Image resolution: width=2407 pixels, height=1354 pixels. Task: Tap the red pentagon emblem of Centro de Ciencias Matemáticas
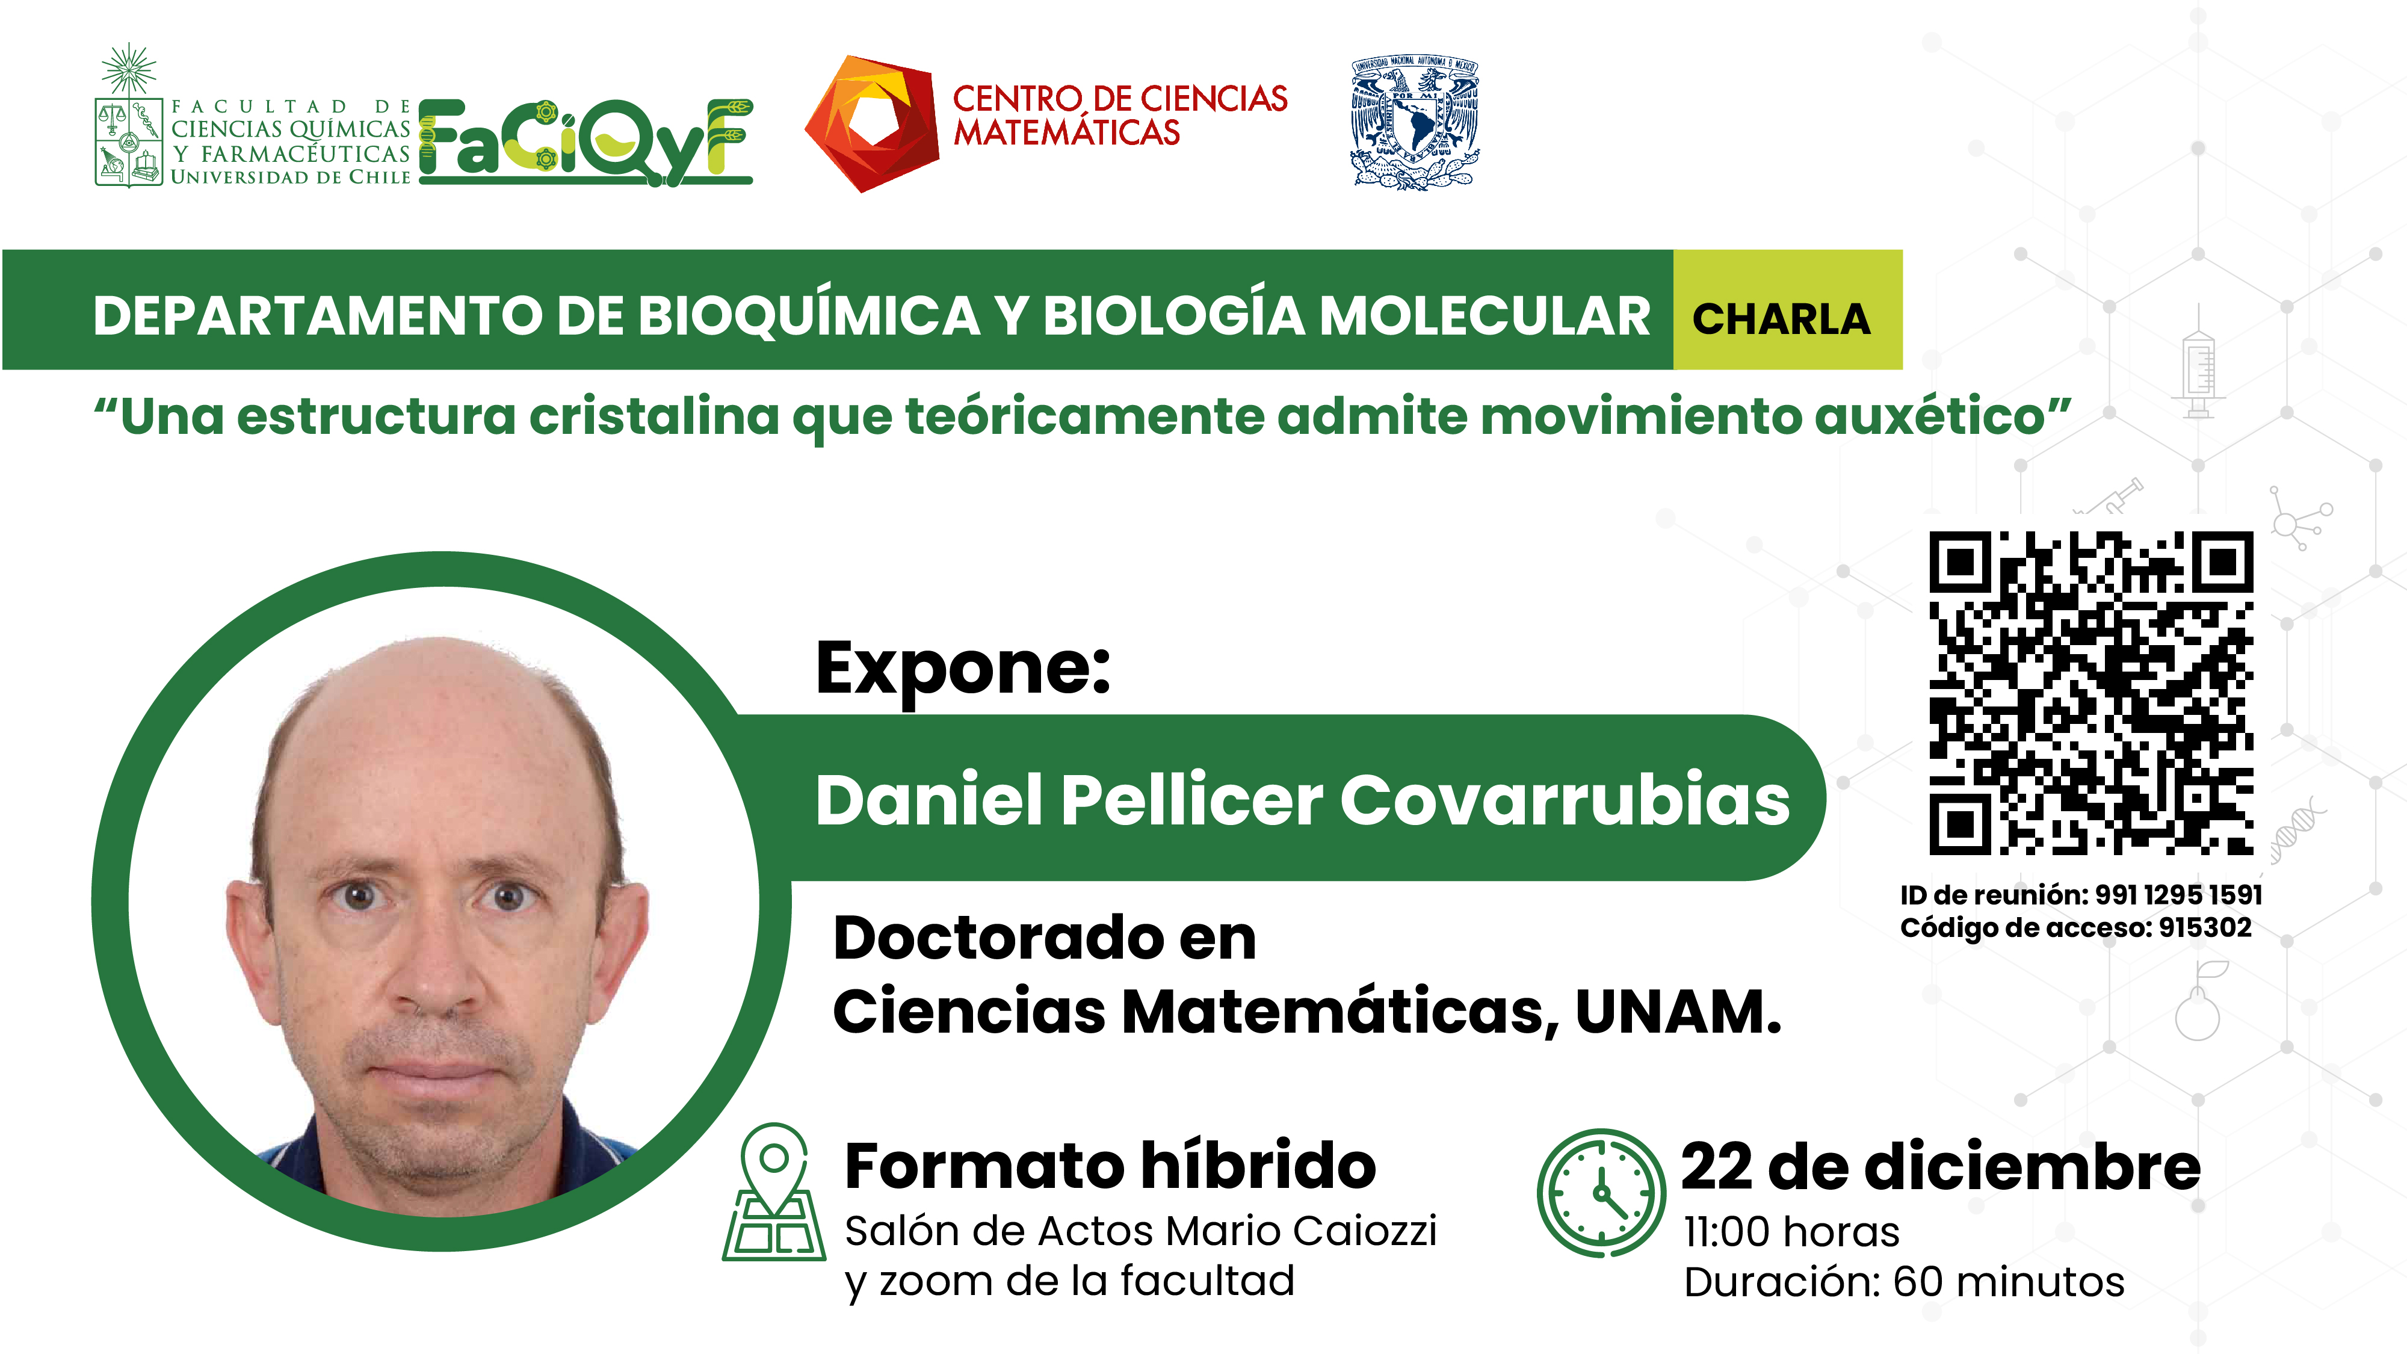pyautogui.click(x=871, y=123)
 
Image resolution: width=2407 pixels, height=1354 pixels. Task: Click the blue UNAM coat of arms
pyautogui.click(x=1415, y=123)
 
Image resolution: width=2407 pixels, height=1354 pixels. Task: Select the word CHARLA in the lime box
pyautogui.click(x=1781, y=319)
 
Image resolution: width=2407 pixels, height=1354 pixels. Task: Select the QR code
pyautogui.click(x=2091, y=693)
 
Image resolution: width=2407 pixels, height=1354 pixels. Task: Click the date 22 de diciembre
pyautogui.click(x=1940, y=1167)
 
